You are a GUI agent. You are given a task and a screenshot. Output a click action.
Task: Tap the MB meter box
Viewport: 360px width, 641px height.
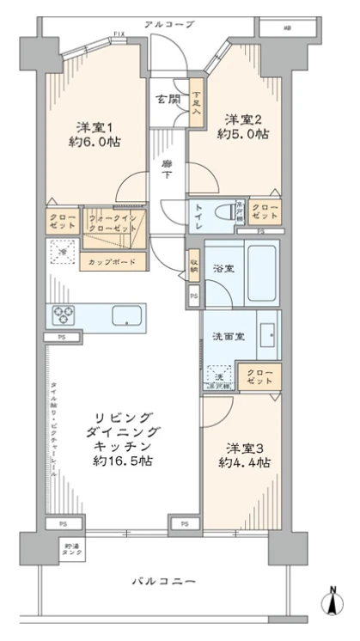coord(285,27)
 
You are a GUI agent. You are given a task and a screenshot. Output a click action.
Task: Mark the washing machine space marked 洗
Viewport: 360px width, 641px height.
coord(218,375)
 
